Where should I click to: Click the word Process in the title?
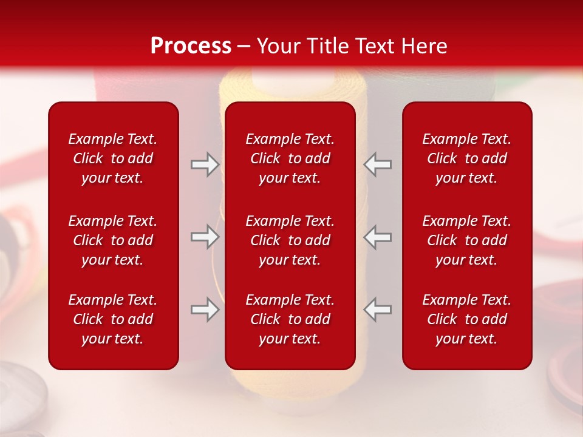(191, 46)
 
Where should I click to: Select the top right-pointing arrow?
(205, 164)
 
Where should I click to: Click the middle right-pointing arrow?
(205, 237)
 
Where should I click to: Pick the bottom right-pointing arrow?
(205, 310)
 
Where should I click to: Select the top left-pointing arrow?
(378, 164)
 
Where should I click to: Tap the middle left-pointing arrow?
(378, 237)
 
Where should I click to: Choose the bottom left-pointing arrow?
(378, 310)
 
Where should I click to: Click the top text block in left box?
(113, 158)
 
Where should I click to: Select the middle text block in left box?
(113, 240)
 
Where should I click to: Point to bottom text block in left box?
(113, 319)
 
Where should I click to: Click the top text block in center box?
(290, 158)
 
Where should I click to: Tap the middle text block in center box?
(290, 240)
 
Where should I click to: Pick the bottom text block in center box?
(290, 319)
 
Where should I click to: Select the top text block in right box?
(466, 158)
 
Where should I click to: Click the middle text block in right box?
(466, 240)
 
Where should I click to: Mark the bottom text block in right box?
(466, 319)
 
